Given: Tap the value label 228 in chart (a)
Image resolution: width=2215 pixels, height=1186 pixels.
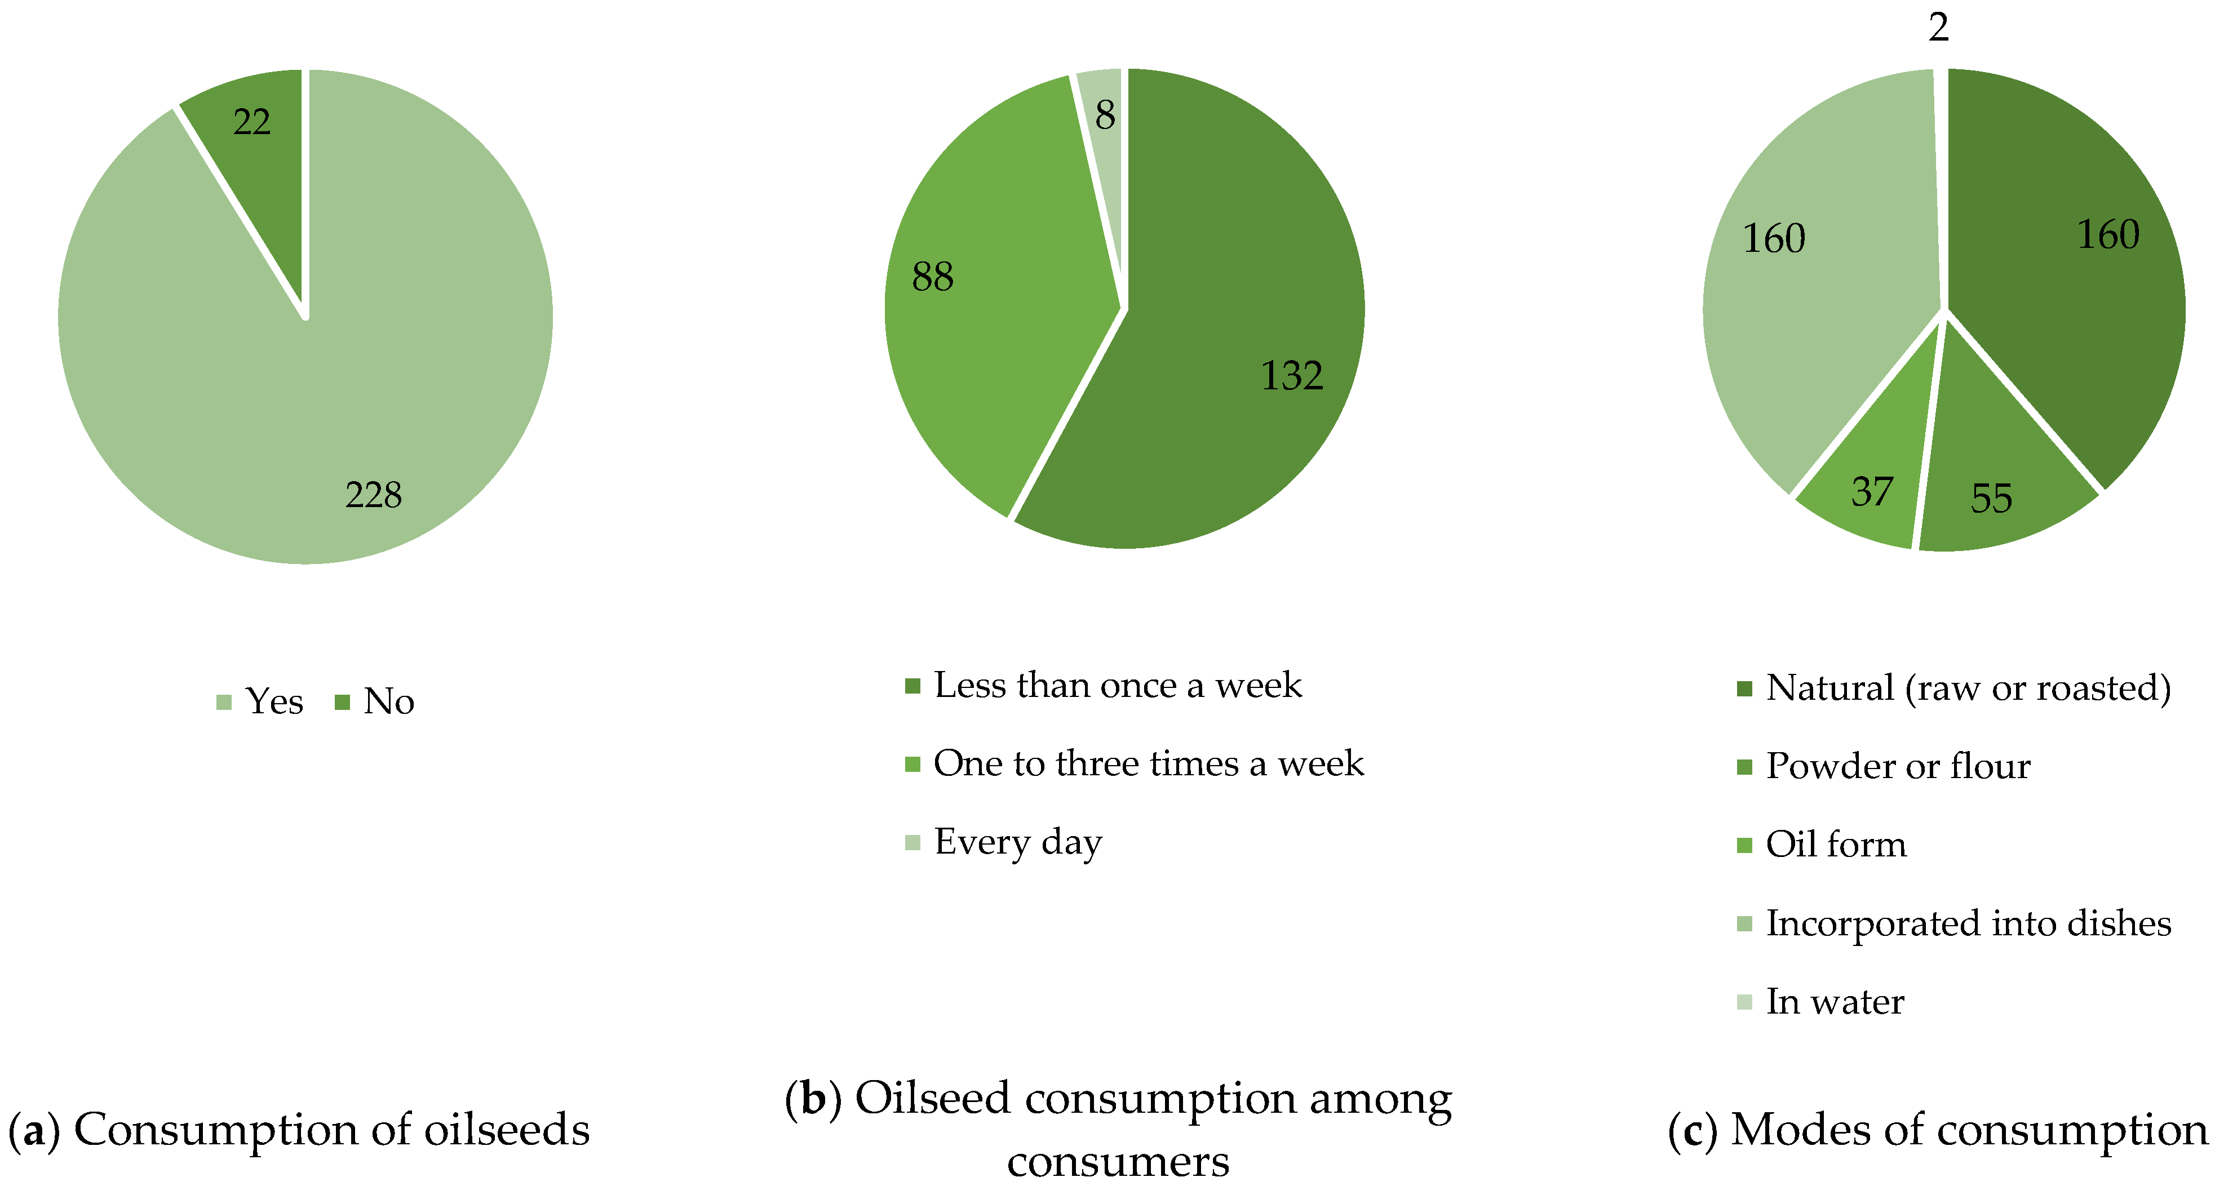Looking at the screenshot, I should click(373, 495).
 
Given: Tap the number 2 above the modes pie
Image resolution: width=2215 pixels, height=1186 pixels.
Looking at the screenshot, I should click(1938, 28).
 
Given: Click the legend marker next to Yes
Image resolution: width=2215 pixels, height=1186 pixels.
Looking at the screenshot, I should click(224, 702).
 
